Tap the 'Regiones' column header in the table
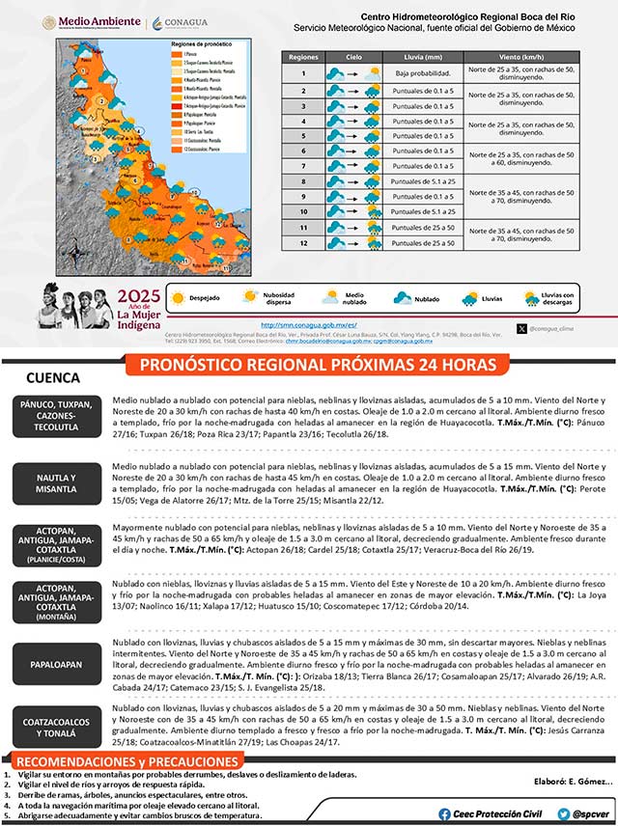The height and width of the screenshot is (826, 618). tap(303, 58)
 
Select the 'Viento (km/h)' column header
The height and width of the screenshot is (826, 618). tap(522, 58)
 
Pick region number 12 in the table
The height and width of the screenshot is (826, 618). tap(303, 242)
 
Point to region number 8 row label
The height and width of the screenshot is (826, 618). tap(303, 180)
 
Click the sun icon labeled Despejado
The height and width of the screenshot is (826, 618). tap(177, 299)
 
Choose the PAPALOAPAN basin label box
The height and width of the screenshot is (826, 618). tap(55, 665)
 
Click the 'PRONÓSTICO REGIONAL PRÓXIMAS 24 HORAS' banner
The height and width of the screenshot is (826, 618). tap(319, 364)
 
